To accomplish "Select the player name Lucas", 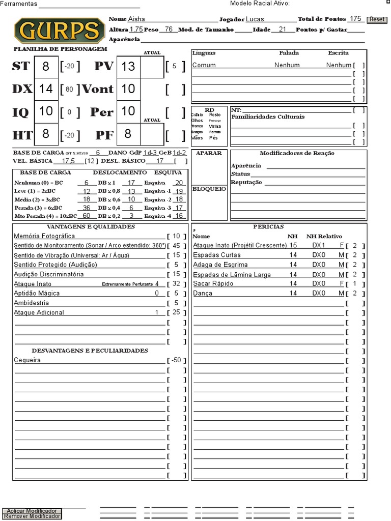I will [x=255, y=19].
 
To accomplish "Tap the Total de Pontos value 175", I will [x=355, y=19].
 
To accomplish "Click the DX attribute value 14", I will [x=46, y=89].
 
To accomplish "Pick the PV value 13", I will [x=128, y=66].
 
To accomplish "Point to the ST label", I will [x=21, y=66].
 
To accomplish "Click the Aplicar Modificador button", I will [x=32, y=510].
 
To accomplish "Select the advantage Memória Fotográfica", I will [x=44, y=236].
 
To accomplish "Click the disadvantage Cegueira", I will [x=27, y=360].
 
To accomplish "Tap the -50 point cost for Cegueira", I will [x=177, y=360].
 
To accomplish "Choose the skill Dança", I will [x=203, y=293].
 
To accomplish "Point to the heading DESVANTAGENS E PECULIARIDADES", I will [x=90, y=351].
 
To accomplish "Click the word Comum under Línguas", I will [x=204, y=65].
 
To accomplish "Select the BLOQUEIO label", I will [x=209, y=189].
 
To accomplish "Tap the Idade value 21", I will [x=283, y=30].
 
